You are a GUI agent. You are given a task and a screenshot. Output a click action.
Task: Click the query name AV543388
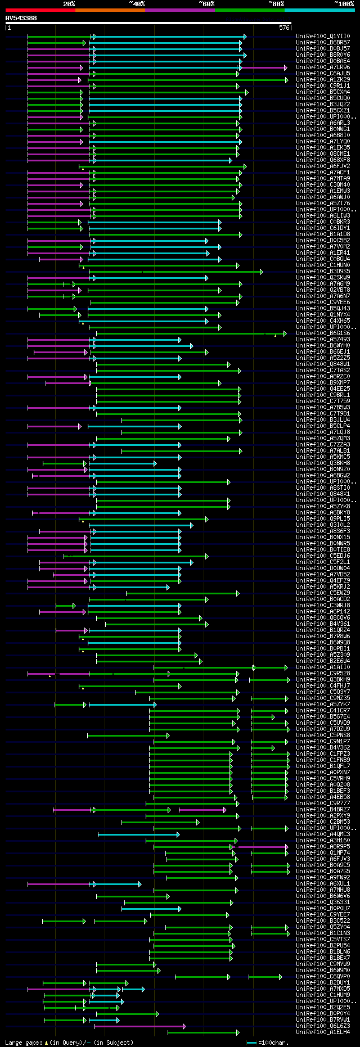pos(21,18)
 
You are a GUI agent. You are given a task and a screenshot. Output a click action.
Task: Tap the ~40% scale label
pos(137,4)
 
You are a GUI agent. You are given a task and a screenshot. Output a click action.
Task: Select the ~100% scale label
pos(344,4)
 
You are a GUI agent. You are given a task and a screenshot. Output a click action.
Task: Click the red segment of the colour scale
pos(40,10)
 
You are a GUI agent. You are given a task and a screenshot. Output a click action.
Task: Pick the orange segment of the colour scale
pos(110,10)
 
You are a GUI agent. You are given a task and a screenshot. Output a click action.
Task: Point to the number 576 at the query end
pos(284,28)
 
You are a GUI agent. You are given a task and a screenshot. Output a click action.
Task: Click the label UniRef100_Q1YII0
pos(323,37)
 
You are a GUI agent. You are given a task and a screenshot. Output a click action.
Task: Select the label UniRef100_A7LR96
pos(323,67)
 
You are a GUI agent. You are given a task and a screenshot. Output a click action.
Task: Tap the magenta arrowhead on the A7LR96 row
pos(286,67)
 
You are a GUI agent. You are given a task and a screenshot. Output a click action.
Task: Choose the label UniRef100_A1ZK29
pos(323,80)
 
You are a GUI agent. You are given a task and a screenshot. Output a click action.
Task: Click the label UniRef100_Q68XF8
pos(323,160)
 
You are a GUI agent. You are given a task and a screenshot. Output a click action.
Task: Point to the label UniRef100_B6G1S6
pos(323,333)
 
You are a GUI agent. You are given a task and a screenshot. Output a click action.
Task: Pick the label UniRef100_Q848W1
pos(323,364)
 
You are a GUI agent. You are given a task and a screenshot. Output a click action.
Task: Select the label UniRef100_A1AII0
pos(323,667)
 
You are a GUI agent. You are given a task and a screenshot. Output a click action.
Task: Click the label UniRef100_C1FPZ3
pos(323,754)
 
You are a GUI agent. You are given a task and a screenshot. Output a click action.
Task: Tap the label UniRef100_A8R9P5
pos(323,846)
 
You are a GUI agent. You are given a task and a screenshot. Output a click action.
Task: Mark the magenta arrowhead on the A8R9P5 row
pos(286,846)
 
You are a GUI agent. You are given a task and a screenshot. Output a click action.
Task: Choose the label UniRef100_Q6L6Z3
pos(323,1026)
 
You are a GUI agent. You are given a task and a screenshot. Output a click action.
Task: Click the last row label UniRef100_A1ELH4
pos(323,1032)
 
